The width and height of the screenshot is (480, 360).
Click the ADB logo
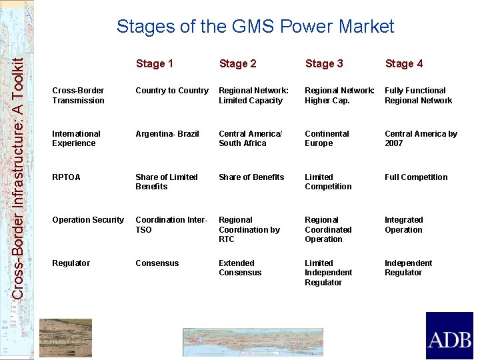point(449,335)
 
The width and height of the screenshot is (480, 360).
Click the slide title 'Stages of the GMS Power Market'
point(255,27)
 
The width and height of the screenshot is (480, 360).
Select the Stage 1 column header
point(154,63)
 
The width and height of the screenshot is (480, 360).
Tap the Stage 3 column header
point(324,63)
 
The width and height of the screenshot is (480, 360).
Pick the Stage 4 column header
point(404,63)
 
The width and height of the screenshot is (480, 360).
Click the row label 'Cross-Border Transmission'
point(78,95)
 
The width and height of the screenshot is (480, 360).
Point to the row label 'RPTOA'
point(66,177)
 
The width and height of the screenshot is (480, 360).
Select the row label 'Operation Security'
point(88,220)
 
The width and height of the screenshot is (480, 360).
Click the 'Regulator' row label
point(71,263)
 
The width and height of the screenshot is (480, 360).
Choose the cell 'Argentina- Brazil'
point(167,134)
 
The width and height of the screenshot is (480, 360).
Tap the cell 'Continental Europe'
point(327,139)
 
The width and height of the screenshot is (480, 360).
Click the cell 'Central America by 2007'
point(421,139)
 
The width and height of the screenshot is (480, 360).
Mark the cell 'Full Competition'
point(416,177)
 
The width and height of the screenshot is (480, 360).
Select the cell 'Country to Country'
point(172,91)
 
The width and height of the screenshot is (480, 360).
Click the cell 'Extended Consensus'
point(240,268)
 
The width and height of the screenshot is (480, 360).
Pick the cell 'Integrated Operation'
point(403,225)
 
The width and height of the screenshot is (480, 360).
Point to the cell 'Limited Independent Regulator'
point(328,273)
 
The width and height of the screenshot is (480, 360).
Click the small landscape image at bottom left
point(65,338)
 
